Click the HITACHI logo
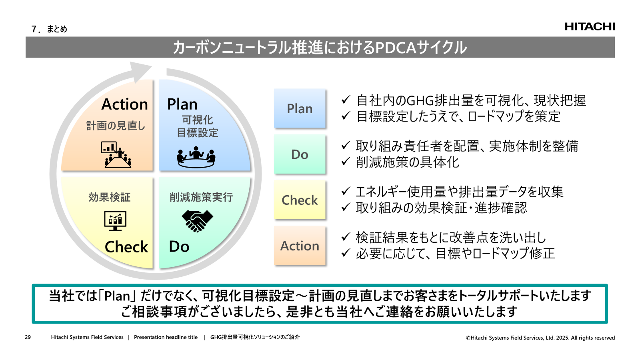(590, 26)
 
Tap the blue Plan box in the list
(300, 108)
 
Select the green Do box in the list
(300, 154)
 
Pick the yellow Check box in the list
(300, 200)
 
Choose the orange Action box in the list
(300, 246)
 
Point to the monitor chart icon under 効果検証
(115, 220)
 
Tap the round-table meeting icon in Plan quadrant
(196, 157)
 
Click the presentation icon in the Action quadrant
(116, 154)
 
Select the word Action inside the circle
(125, 104)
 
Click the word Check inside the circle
(126, 247)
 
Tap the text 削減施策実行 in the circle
(201, 197)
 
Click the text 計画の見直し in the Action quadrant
(116, 126)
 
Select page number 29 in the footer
(28, 337)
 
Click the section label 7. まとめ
(49, 29)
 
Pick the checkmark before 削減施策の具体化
(346, 162)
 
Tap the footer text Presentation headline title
(166, 337)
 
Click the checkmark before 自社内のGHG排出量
(346, 100)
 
